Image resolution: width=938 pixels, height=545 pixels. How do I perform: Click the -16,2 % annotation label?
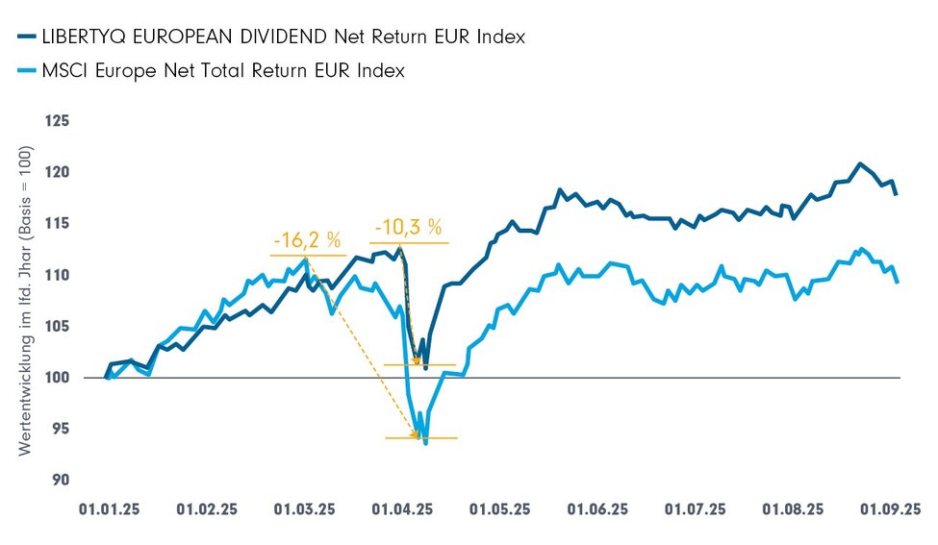(x=308, y=240)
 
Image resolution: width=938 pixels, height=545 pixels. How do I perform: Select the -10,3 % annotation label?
(x=407, y=228)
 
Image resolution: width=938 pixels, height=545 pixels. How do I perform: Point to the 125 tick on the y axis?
(x=60, y=122)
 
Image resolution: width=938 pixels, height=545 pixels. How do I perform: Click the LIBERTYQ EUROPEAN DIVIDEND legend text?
(x=284, y=37)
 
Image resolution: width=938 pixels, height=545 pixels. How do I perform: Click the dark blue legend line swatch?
(x=26, y=37)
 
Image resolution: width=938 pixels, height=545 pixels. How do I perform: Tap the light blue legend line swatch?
(x=26, y=70)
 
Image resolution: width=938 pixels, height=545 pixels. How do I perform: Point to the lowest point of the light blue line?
(x=425, y=443)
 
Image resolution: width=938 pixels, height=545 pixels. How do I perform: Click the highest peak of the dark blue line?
(x=860, y=163)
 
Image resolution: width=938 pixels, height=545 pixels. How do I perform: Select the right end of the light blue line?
(x=898, y=282)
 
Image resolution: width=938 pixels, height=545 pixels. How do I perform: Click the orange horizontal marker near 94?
(x=421, y=438)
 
